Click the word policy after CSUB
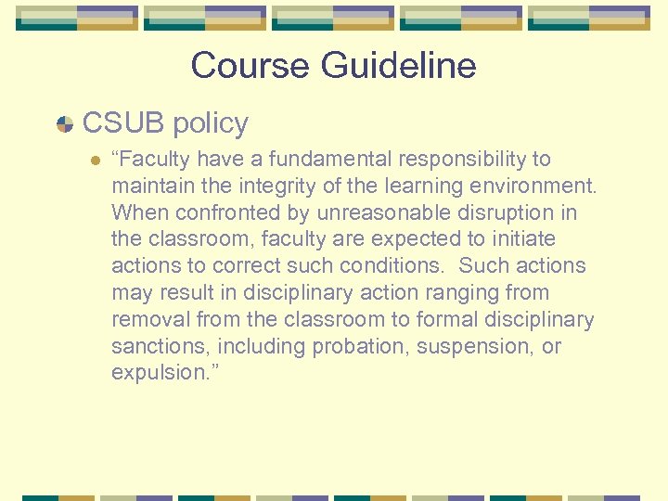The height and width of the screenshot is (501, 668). coord(211,122)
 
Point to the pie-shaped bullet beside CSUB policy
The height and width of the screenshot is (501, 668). coord(65,124)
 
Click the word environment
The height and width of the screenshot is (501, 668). coord(532,186)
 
